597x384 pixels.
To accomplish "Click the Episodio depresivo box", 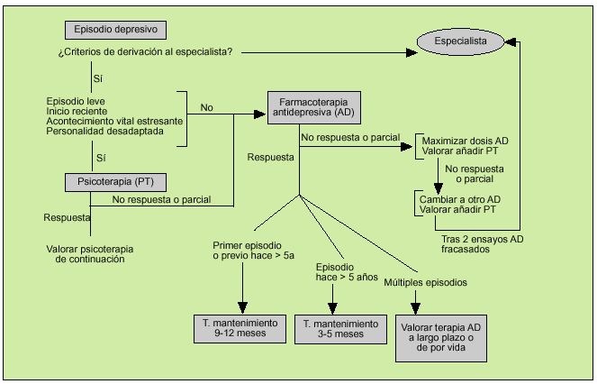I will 114,30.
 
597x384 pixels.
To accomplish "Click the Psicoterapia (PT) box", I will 114,182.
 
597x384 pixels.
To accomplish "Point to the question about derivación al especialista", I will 145,51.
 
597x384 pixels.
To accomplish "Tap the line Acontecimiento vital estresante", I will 114,121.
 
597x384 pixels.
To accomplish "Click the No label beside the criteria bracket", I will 207,108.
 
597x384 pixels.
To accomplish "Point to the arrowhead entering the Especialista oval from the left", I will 413,51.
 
